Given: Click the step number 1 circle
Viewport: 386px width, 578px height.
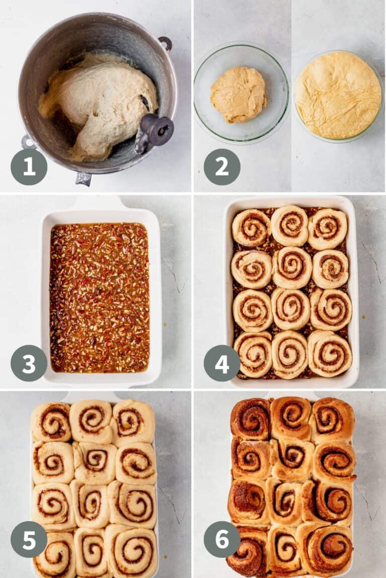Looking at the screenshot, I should click(29, 167).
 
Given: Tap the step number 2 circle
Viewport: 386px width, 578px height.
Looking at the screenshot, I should click(222, 167).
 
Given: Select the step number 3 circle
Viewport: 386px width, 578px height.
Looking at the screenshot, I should click(29, 363).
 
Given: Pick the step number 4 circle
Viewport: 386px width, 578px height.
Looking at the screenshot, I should click(222, 363).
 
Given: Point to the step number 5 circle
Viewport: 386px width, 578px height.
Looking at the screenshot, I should click(29, 539).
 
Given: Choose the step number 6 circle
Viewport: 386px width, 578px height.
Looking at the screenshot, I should click(222, 539).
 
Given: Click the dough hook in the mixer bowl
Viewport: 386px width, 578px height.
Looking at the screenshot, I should click(154, 131).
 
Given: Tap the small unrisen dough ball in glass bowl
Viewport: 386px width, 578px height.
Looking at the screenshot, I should click(238, 94).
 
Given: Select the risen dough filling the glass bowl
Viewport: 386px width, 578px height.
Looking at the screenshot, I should click(338, 95).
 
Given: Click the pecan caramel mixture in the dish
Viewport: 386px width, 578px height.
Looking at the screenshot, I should click(100, 297).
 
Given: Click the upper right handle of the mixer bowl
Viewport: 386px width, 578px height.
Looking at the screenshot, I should click(165, 43).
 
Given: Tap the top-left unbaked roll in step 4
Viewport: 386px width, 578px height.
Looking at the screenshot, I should click(251, 227).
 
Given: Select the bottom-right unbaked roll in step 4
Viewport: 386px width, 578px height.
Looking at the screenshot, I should click(330, 353).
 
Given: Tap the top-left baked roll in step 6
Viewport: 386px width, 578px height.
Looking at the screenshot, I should click(251, 418).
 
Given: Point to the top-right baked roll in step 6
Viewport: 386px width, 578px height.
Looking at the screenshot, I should click(332, 419).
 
